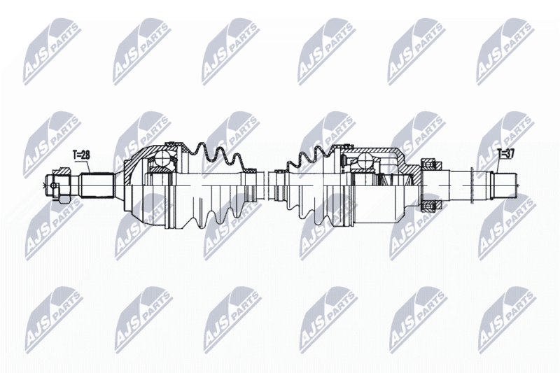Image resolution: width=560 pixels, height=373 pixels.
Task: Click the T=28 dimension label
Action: pyautogui.click(x=81, y=155)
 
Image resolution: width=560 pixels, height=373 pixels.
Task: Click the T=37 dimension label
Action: pyautogui.click(x=505, y=154)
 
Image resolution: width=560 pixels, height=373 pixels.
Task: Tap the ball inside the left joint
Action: pyautogui.click(x=162, y=158)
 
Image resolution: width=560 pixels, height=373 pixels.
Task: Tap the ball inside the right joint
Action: pyautogui.click(x=365, y=160)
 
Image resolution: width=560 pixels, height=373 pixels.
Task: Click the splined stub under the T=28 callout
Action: pyautogui.click(x=97, y=185)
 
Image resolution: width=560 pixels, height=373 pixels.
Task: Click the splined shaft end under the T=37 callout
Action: pyautogui.click(x=505, y=185)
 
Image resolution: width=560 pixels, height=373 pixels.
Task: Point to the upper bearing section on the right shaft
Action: pyautogui.click(x=431, y=165)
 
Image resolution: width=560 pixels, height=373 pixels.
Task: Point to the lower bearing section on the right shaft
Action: pyautogui.click(x=431, y=206)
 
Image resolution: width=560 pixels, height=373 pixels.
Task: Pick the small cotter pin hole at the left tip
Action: pyautogui.click(x=54, y=185)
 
